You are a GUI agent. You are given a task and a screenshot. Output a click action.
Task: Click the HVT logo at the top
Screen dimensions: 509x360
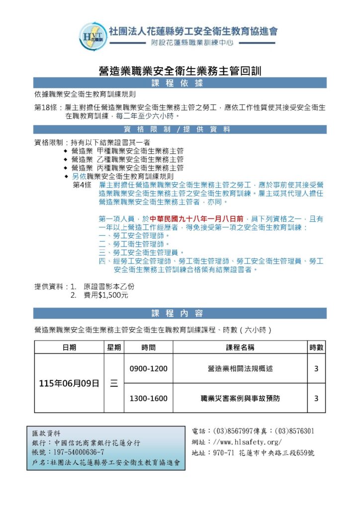click(92, 36)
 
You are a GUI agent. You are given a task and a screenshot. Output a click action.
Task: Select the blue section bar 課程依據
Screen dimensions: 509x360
click(180, 83)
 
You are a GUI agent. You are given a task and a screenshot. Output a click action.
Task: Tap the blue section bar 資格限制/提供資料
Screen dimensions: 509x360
click(180, 130)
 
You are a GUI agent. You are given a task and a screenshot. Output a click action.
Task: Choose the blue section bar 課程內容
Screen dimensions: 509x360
click(180, 313)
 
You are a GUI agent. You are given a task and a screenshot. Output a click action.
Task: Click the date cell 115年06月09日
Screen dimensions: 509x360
click(69, 383)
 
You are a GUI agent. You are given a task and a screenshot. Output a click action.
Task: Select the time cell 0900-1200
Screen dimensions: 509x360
click(148, 369)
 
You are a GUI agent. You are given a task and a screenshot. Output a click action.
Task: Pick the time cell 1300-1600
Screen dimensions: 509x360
click(148, 398)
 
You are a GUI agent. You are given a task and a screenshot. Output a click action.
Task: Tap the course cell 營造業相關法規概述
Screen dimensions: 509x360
click(240, 369)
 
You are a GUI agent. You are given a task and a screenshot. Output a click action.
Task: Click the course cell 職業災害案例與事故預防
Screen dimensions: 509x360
click(240, 398)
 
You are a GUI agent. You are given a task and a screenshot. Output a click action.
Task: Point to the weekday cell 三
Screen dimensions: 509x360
click(114, 383)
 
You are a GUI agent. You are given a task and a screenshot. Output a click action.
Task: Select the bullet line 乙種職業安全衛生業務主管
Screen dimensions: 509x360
click(127, 159)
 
